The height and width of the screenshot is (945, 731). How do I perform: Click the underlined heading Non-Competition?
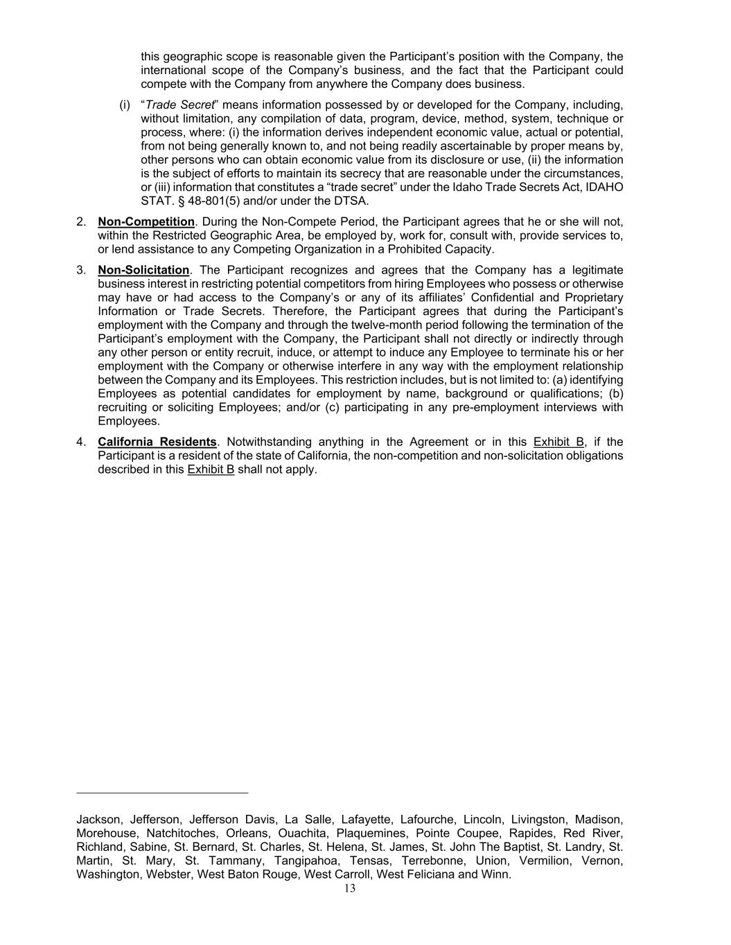point(146,222)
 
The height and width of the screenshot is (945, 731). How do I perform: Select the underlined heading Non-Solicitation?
point(143,270)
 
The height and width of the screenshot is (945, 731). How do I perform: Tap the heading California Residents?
point(157,442)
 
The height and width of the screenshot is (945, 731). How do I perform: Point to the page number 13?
point(349,888)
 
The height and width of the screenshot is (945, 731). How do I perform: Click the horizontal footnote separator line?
point(162,792)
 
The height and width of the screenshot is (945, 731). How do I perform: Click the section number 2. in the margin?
point(82,222)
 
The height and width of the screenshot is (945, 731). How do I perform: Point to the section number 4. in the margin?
point(82,442)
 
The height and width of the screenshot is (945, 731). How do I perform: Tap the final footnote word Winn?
point(497,874)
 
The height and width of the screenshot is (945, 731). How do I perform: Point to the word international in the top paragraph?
point(175,70)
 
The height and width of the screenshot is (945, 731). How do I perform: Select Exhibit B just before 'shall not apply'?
point(211,469)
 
